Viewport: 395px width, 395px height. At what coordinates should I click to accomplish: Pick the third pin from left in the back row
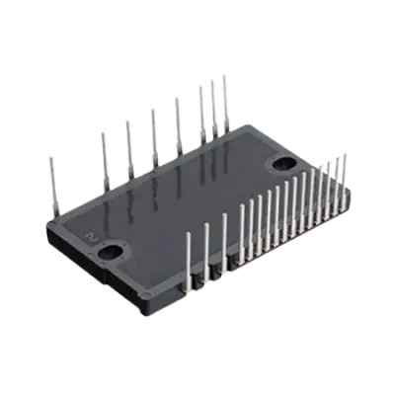tap(128, 144)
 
